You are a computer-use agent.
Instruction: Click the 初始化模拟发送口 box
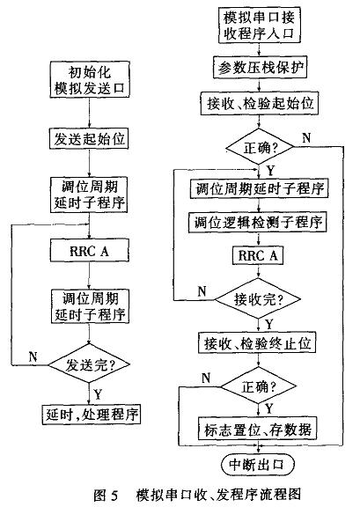(x=90, y=79)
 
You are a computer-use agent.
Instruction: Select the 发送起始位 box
(x=89, y=139)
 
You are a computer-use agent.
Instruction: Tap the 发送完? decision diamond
(x=89, y=364)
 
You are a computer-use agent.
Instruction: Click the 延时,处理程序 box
(x=92, y=415)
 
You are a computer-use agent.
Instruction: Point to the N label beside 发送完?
(x=33, y=357)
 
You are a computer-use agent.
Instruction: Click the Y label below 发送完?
(x=98, y=394)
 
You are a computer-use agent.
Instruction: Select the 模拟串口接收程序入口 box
(x=259, y=26)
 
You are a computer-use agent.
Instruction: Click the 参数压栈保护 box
(x=260, y=68)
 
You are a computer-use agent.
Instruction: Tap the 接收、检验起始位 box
(x=259, y=104)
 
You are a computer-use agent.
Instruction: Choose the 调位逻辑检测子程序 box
(x=258, y=222)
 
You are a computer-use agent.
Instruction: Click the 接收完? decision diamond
(x=258, y=299)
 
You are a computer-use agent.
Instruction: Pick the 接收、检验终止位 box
(x=257, y=342)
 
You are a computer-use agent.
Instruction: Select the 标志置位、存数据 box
(x=258, y=429)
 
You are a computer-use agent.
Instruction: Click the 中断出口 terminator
(x=258, y=465)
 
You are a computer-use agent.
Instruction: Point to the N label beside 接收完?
(x=202, y=291)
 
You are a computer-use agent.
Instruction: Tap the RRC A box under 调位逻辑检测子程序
(x=258, y=255)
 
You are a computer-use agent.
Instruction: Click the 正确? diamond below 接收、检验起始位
(x=260, y=148)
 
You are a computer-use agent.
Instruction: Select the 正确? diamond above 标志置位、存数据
(x=259, y=386)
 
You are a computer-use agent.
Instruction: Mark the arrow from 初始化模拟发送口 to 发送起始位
(x=90, y=113)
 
